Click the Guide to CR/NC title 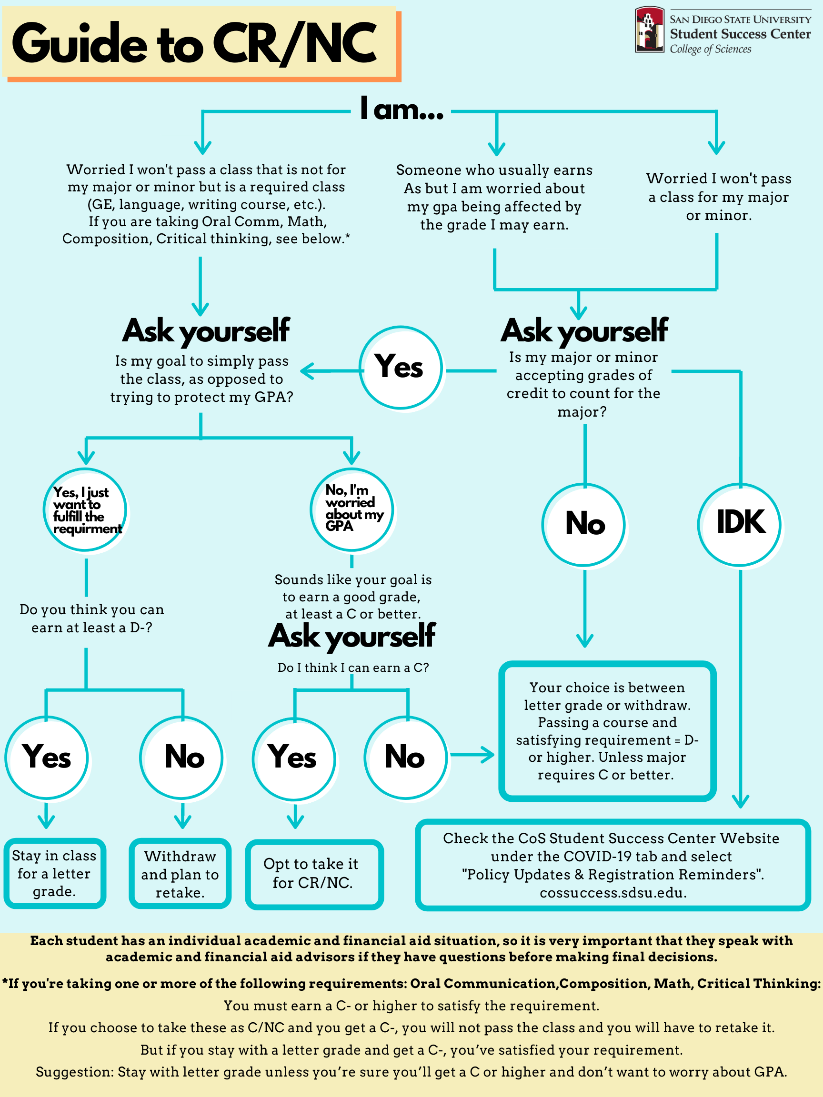click(x=194, y=44)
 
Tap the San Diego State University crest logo click(x=649, y=29)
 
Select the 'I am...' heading click(x=402, y=109)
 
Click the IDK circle click(x=740, y=525)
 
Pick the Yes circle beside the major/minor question click(x=401, y=368)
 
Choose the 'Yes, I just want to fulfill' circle click(x=85, y=510)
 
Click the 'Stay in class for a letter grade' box click(x=55, y=873)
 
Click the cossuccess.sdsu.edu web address click(x=613, y=893)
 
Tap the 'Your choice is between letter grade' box click(x=607, y=731)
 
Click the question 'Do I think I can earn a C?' click(x=353, y=668)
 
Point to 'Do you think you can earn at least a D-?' click(x=92, y=618)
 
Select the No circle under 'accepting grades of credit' click(x=584, y=525)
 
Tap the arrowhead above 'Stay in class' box click(x=46, y=822)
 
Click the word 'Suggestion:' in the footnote click(x=74, y=1072)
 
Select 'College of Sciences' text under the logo click(x=711, y=49)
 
